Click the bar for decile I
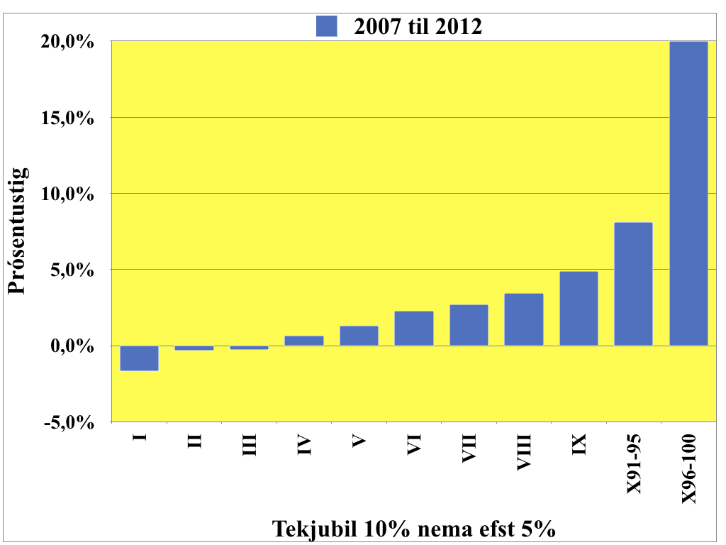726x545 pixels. point(139,358)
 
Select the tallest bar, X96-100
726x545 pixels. point(688,194)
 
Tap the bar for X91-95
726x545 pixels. point(633,284)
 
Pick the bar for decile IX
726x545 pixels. point(579,309)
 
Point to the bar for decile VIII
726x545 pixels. point(524,319)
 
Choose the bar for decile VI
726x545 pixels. point(414,329)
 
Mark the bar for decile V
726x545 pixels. point(359,336)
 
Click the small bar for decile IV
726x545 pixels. point(304,341)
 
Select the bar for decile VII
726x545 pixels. point(469,325)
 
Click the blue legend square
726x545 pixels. point(326,27)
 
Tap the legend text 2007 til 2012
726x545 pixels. point(418,27)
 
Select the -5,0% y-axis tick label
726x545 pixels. point(69,423)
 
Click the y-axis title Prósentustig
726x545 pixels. point(18,230)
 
